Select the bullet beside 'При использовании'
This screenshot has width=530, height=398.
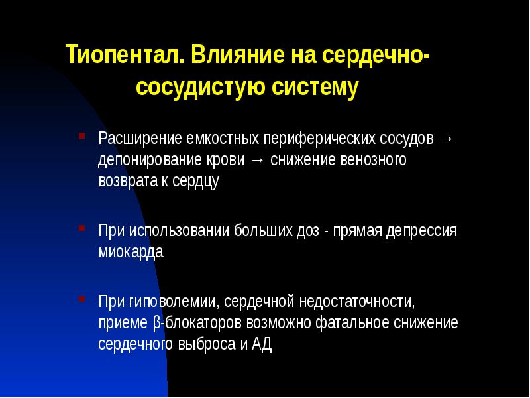pyautogui.click(x=81, y=228)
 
